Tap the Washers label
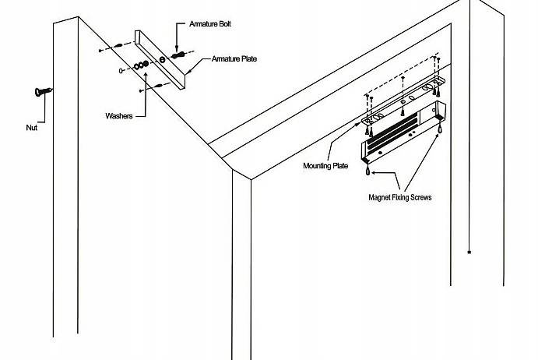tap(120, 116)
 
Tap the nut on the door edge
tap(40, 92)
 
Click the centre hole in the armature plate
tap(162, 60)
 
